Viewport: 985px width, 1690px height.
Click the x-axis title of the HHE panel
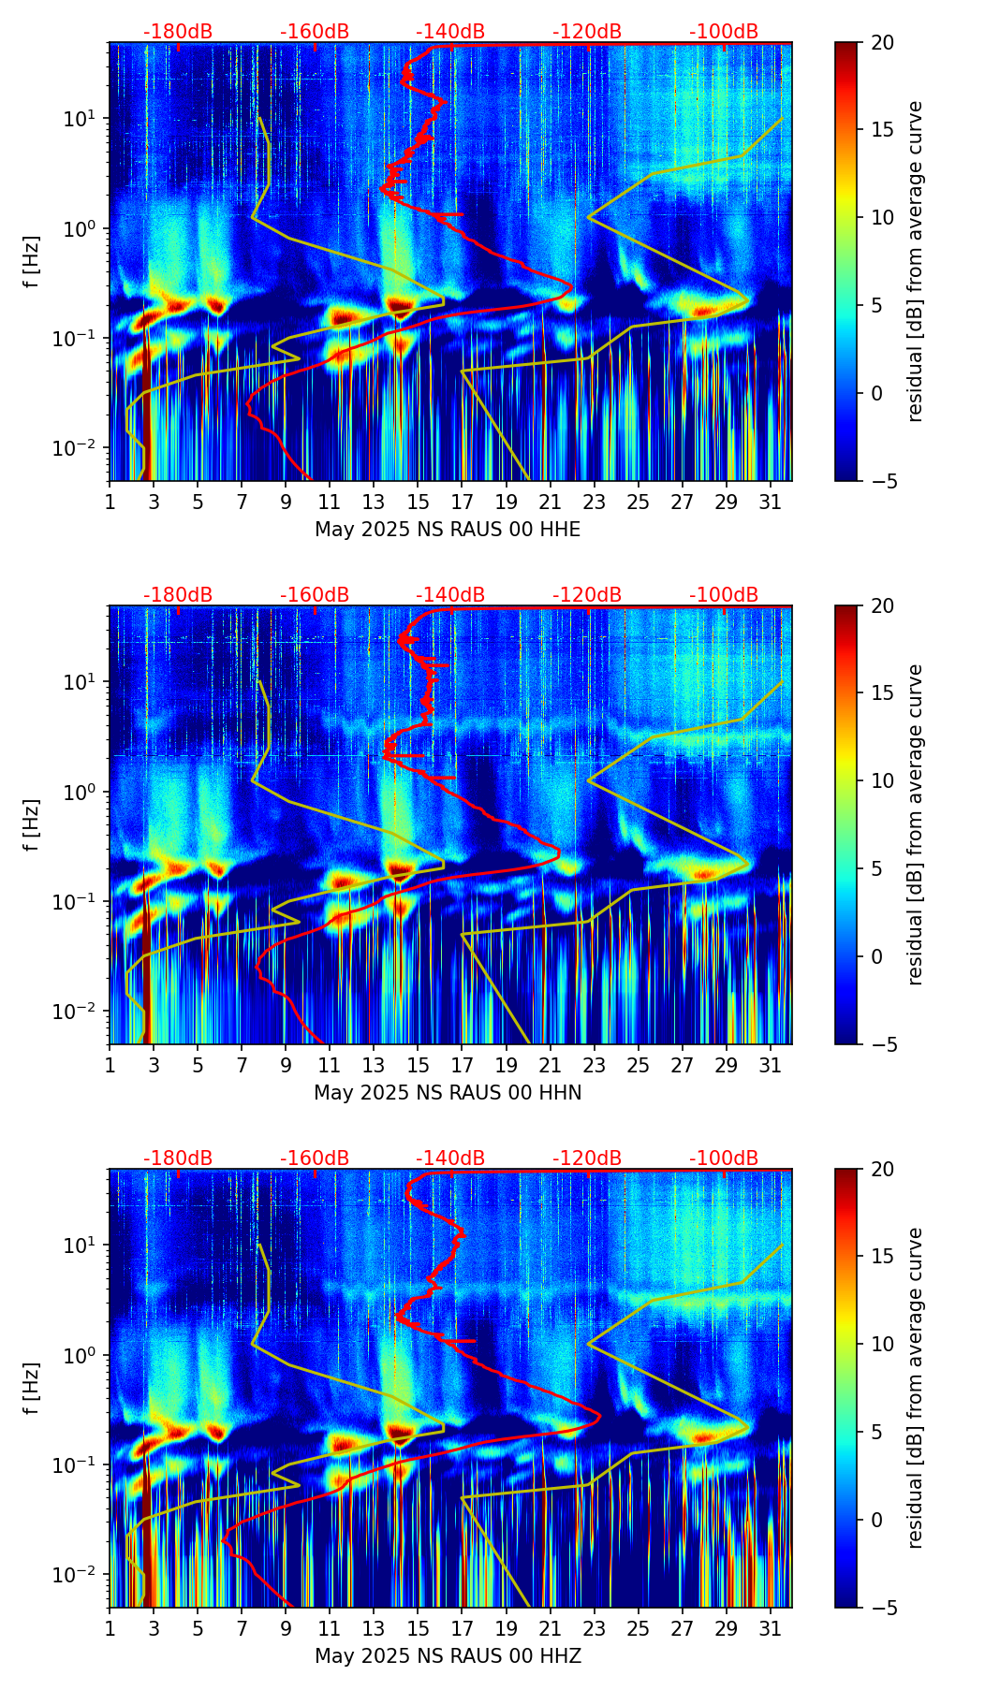click(x=448, y=530)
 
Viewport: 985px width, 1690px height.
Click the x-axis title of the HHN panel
click(x=448, y=1093)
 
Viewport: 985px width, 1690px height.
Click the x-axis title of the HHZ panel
click(x=448, y=1656)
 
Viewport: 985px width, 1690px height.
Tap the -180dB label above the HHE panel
click(x=178, y=32)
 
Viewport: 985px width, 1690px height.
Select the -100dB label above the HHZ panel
click(x=724, y=1158)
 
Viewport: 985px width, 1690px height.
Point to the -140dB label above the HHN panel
click(x=450, y=595)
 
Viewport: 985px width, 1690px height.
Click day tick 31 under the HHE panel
click(x=771, y=503)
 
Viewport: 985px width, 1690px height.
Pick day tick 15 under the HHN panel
click(x=418, y=1066)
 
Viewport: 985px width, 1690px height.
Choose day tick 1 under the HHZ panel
click(x=110, y=1629)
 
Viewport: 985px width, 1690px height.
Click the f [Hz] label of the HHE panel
click(x=32, y=262)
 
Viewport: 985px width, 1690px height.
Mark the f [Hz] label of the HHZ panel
click(x=32, y=1389)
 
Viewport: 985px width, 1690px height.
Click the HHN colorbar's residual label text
click(x=916, y=824)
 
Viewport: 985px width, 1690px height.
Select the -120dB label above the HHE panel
click(x=587, y=32)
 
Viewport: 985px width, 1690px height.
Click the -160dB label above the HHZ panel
click(x=315, y=1158)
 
